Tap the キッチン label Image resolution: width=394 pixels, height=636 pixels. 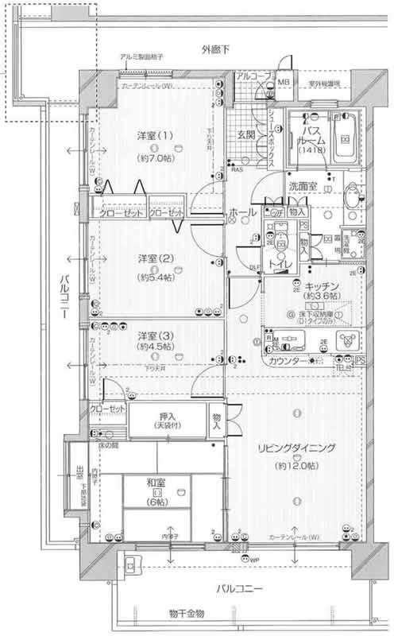(322, 285)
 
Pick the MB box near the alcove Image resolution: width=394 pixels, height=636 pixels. (283, 82)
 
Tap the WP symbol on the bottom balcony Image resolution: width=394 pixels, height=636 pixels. (254, 564)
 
